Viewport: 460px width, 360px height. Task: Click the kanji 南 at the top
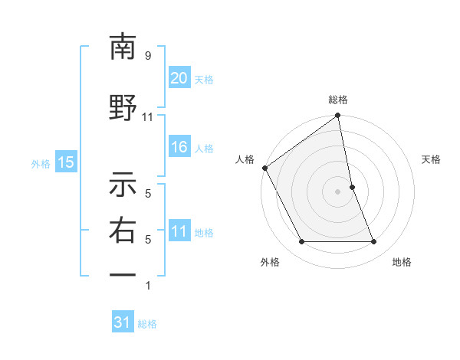[x=123, y=47]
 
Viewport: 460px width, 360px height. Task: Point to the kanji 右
[x=123, y=230]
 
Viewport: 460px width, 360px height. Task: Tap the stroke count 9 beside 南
[x=148, y=56]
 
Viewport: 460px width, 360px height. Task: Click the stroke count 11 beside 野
[x=148, y=117]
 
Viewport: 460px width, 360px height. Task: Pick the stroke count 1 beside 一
[x=148, y=286]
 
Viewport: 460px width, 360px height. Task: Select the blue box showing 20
[x=179, y=78]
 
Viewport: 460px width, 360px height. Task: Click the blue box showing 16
[x=179, y=148]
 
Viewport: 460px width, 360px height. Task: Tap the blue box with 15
[x=65, y=162]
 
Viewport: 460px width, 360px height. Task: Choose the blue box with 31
[x=123, y=322]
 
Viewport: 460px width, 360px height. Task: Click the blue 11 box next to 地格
[x=179, y=231]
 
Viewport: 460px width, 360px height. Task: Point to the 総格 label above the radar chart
[x=338, y=100]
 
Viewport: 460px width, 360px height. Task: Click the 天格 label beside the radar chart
[x=432, y=159]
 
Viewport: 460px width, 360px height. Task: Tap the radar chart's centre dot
[x=338, y=191]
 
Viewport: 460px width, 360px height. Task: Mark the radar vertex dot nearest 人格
[x=265, y=168]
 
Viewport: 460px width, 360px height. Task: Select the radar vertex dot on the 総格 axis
[x=338, y=116]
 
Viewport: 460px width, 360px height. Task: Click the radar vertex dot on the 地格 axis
[x=374, y=242]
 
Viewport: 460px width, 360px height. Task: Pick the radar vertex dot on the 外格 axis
[x=302, y=242]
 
